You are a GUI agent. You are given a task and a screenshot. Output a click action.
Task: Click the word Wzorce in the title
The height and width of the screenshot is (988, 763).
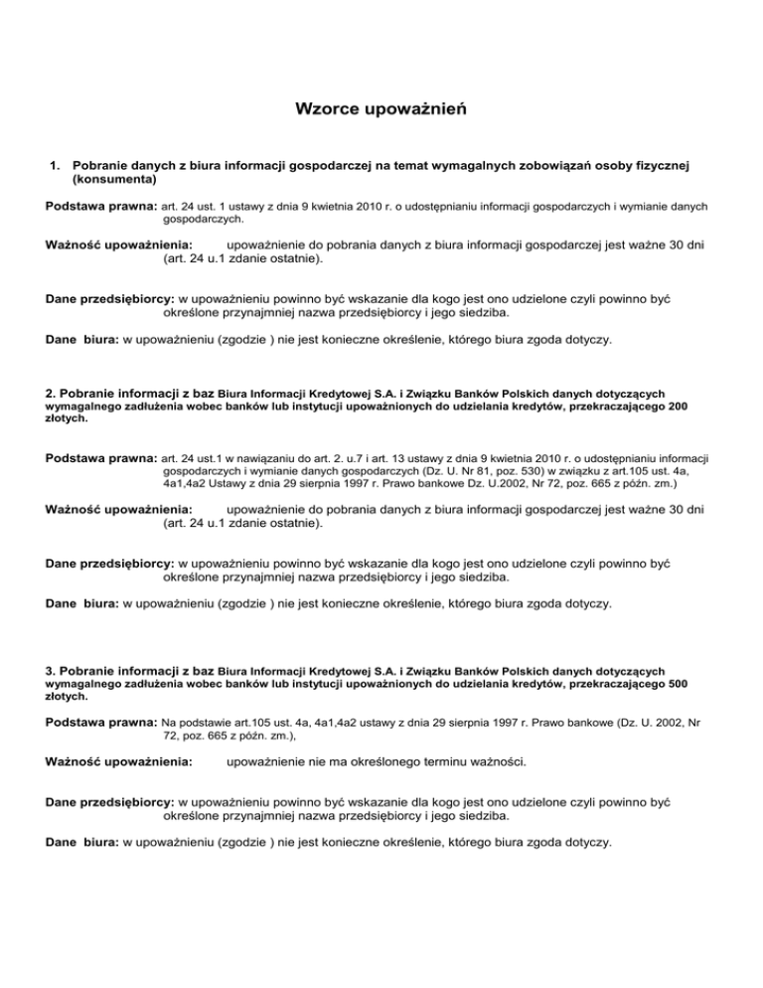[x=324, y=107]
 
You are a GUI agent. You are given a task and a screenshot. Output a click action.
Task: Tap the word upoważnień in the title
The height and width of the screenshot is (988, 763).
[x=418, y=107]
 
